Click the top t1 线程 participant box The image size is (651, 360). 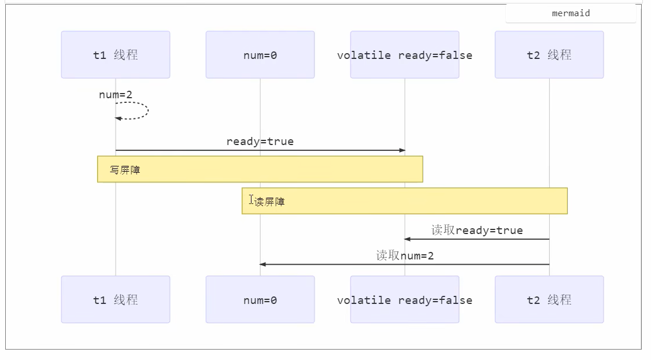[x=116, y=55]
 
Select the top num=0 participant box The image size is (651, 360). [x=260, y=55]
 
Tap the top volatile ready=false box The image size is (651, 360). [x=405, y=55]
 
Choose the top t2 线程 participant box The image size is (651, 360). [x=549, y=55]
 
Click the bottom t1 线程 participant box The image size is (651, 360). [x=116, y=299]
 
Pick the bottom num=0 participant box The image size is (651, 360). [x=260, y=299]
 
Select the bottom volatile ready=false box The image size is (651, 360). [x=405, y=299]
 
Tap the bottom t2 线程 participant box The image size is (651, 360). [x=549, y=299]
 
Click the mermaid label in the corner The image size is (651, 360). [x=571, y=13]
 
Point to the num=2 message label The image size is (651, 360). [x=116, y=95]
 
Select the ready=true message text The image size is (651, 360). [x=260, y=142]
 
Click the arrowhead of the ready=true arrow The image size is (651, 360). [x=402, y=150]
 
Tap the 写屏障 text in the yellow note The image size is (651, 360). [x=125, y=170]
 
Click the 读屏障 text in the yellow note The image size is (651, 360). [x=270, y=202]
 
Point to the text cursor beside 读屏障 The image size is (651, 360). [x=251, y=199]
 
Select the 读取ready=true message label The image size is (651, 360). [x=477, y=231]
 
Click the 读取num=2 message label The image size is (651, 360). [x=405, y=255]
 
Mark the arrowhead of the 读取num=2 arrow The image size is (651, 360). [x=262, y=264]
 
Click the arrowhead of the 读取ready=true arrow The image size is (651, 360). [x=407, y=239]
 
